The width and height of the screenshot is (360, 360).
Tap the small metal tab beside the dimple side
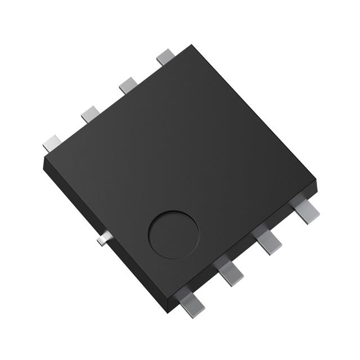coord(101,241)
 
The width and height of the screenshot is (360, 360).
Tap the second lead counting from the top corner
coord(128,85)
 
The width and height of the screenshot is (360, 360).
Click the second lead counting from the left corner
coord(90,114)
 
